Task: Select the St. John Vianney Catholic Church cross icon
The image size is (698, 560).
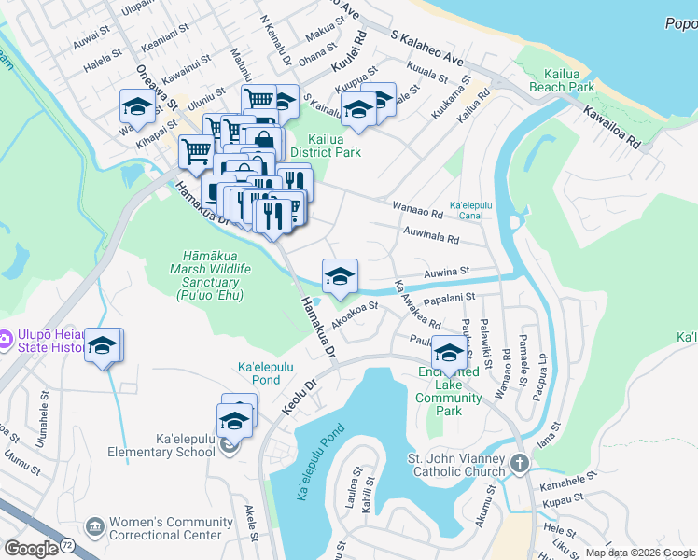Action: (520, 462)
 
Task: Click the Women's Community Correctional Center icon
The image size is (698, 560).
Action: (94, 528)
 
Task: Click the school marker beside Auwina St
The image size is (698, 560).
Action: (340, 275)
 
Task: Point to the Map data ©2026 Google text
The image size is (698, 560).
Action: (638, 553)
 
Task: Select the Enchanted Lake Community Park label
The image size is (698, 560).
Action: (449, 392)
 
